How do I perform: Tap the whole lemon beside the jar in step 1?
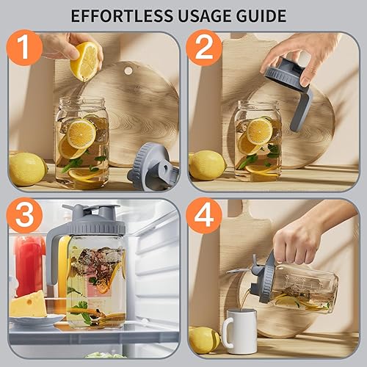(26, 168)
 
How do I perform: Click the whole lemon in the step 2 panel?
(207, 165)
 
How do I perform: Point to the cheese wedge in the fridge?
(28, 304)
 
